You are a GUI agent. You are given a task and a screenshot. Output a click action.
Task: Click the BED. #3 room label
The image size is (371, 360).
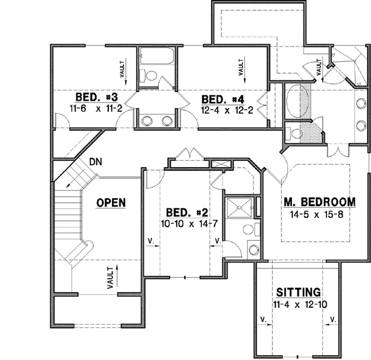pyautogui.click(x=97, y=97)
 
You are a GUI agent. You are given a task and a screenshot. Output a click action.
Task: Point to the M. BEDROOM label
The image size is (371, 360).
pyautogui.click(x=319, y=202)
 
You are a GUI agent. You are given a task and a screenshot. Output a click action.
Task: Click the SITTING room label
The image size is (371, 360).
pyautogui.click(x=298, y=291)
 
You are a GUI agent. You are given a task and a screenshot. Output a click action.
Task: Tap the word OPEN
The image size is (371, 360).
pyautogui.click(x=111, y=202)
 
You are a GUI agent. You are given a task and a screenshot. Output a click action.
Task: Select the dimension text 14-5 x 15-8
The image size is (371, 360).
pyautogui.click(x=319, y=215)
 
